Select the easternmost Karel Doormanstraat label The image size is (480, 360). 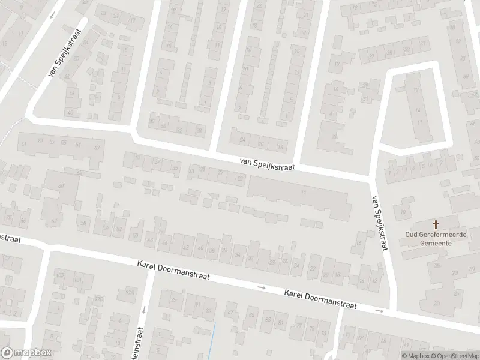(x=320, y=298)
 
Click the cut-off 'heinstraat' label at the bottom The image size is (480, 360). (x=139, y=343)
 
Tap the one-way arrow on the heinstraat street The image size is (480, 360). (x=144, y=310)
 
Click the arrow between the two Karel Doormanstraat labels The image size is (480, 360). (x=261, y=287)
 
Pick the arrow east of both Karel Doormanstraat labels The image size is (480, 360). (x=379, y=310)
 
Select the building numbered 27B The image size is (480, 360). (x=98, y=298)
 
